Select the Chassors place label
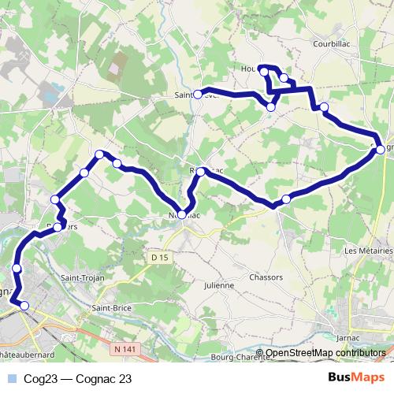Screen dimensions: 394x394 [266, 277]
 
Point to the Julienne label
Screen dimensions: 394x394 [219, 284]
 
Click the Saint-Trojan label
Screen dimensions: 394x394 [84, 277]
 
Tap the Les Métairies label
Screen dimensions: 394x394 [368, 251]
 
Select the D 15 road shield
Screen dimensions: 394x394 [160, 257]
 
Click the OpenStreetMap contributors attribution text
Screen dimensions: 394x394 [325, 354]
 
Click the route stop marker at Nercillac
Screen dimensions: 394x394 [183, 214]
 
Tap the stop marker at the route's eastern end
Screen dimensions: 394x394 [380, 148]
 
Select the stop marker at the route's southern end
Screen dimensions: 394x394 [24, 306]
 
